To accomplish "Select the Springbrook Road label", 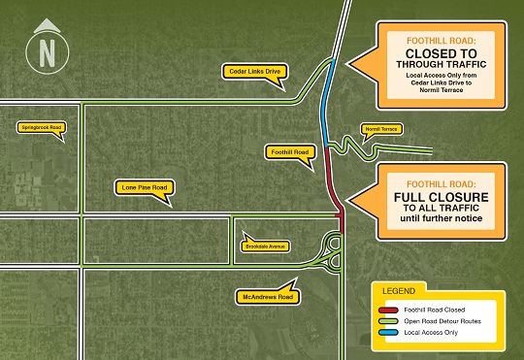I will [41, 127].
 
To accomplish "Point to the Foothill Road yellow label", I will [287, 152].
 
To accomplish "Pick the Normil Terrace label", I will [380, 128].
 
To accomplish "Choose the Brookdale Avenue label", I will [264, 245].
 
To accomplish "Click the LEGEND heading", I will [399, 291].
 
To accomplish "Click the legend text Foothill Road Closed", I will [440, 310].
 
